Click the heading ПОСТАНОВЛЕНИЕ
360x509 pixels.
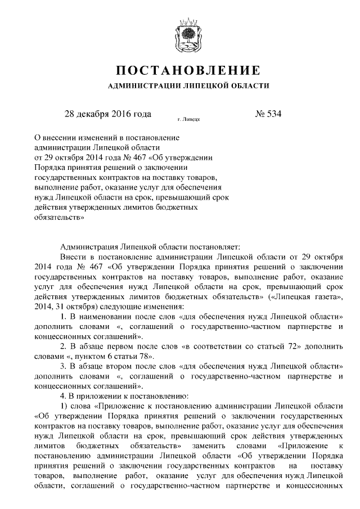click(188, 71)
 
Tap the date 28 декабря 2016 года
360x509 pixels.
click(108, 114)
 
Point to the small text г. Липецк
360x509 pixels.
click(188, 120)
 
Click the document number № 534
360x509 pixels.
click(268, 114)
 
